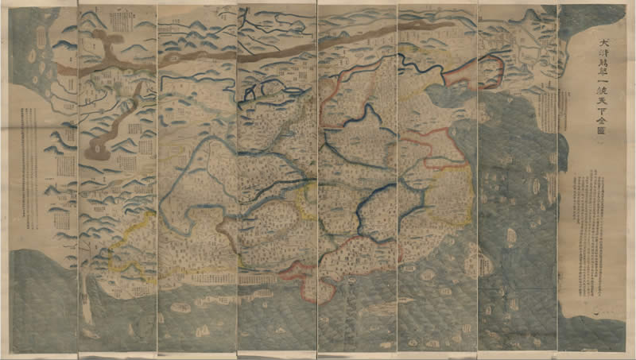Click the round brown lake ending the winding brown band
click(100, 148)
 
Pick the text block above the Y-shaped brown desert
click(122, 19)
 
